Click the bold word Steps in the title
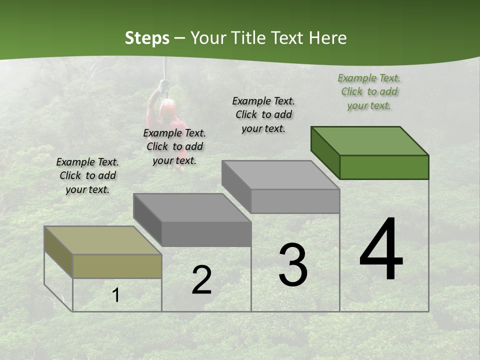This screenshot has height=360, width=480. (x=147, y=38)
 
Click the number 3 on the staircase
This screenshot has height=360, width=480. (x=293, y=265)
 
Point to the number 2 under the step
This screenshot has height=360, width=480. (x=201, y=280)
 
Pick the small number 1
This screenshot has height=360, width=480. (x=116, y=295)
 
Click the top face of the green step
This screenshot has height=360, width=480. (x=369, y=140)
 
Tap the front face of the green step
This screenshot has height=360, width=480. (x=384, y=167)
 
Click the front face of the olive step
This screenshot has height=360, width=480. (x=117, y=266)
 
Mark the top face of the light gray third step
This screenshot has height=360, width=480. (x=280, y=175)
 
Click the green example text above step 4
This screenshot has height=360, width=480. (x=369, y=91)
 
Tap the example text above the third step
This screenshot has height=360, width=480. (x=263, y=114)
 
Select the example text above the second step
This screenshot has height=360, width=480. (x=174, y=146)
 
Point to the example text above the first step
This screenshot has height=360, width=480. (x=87, y=175)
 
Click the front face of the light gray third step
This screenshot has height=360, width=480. (x=295, y=201)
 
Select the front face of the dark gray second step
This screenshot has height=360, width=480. (x=206, y=234)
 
